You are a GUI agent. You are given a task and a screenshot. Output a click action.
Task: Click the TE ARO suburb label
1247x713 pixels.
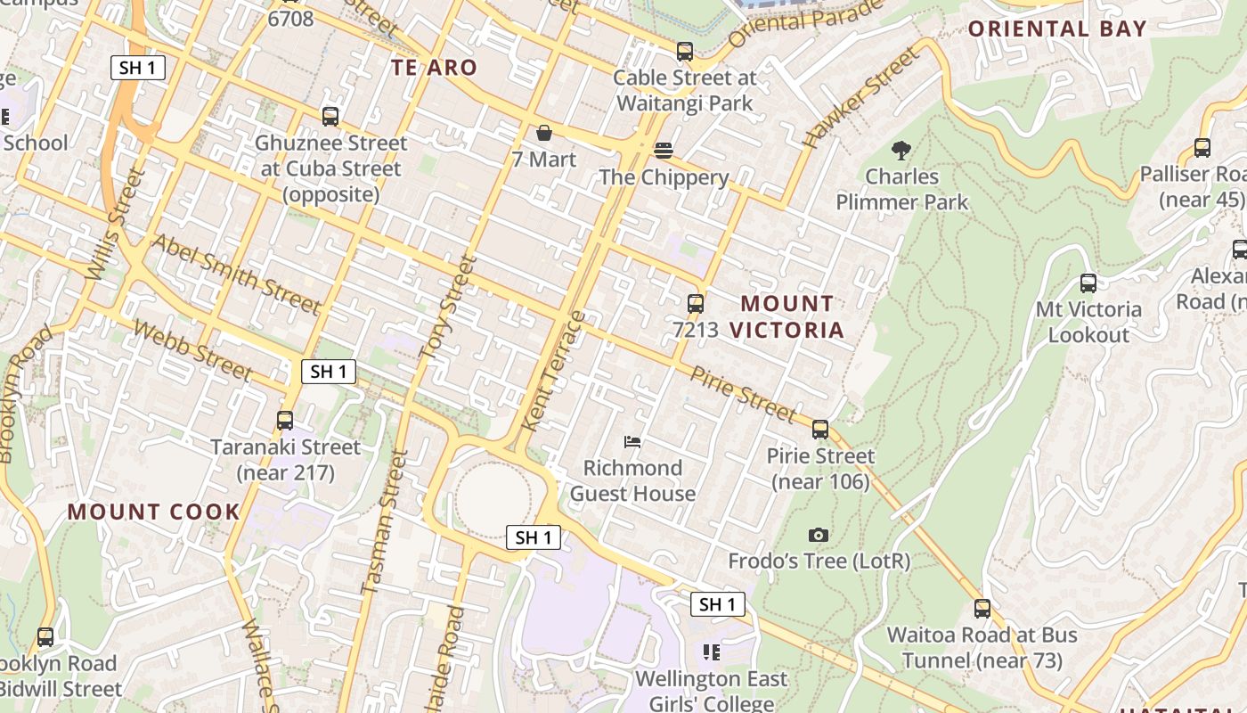[434, 68]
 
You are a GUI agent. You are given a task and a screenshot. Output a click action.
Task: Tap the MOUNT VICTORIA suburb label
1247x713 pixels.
[787, 316]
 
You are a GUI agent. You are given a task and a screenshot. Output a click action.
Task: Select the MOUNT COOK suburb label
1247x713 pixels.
[153, 512]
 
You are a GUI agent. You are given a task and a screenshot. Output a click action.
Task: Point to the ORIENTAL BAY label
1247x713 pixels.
[1057, 29]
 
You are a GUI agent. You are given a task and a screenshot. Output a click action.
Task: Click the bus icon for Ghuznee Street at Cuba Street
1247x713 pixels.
[330, 116]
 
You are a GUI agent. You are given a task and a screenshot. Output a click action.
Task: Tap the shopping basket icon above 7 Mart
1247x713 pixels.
[543, 133]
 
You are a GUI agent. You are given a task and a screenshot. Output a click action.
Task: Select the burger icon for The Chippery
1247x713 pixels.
[664, 150]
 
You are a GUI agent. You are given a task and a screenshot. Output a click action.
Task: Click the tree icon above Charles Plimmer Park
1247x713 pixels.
[901, 149]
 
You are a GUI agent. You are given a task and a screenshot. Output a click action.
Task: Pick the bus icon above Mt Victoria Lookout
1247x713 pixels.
[1088, 283]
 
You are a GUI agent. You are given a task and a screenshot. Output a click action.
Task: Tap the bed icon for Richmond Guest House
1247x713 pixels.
[632, 441]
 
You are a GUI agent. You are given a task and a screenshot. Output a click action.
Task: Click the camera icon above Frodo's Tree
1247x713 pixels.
[819, 535]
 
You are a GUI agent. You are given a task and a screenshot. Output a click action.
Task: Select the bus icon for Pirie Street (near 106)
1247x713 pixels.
[820, 430]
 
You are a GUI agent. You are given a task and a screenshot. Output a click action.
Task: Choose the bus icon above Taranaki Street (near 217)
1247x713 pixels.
[285, 421]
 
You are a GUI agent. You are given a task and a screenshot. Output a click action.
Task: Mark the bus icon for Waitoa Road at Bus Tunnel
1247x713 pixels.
[982, 609]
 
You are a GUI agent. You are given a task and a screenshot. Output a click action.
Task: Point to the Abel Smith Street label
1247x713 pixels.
[235, 274]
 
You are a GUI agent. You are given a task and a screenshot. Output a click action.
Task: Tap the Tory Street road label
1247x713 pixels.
[448, 308]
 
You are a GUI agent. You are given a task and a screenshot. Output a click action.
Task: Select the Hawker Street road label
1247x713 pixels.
[859, 97]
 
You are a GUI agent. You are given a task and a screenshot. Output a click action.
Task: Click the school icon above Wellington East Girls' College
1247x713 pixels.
[711, 652]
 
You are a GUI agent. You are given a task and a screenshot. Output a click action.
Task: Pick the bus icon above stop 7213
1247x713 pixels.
[696, 303]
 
